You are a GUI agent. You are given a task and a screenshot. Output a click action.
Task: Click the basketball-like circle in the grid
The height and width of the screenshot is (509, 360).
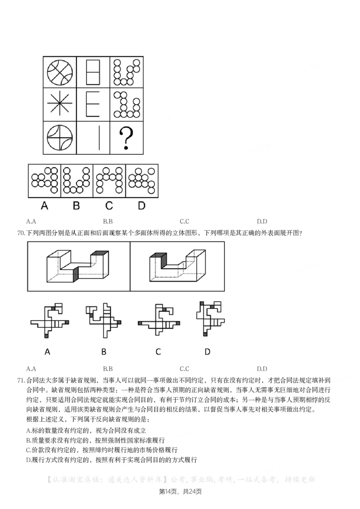tap(60, 71)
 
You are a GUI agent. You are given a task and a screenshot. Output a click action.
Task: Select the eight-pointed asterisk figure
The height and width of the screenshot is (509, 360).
tap(60, 104)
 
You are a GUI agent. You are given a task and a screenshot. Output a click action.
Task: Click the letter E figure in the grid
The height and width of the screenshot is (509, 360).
tap(93, 104)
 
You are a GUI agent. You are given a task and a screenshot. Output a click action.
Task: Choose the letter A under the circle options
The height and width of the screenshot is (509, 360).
tap(45, 205)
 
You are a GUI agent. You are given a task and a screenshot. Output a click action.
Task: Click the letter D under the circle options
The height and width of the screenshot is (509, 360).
tap(142, 205)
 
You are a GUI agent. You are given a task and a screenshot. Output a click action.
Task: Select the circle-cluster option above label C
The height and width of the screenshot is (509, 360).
tap(109, 180)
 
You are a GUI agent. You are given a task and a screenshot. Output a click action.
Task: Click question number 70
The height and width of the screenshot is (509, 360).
tap(20, 233)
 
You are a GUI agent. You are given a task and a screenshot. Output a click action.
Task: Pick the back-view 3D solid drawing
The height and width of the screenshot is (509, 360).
tap(177, 266)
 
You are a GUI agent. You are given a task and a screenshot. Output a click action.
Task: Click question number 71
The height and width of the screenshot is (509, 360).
tap(20, 380)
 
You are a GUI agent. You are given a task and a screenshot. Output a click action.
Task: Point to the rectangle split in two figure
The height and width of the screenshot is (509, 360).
tap(93, 71)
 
